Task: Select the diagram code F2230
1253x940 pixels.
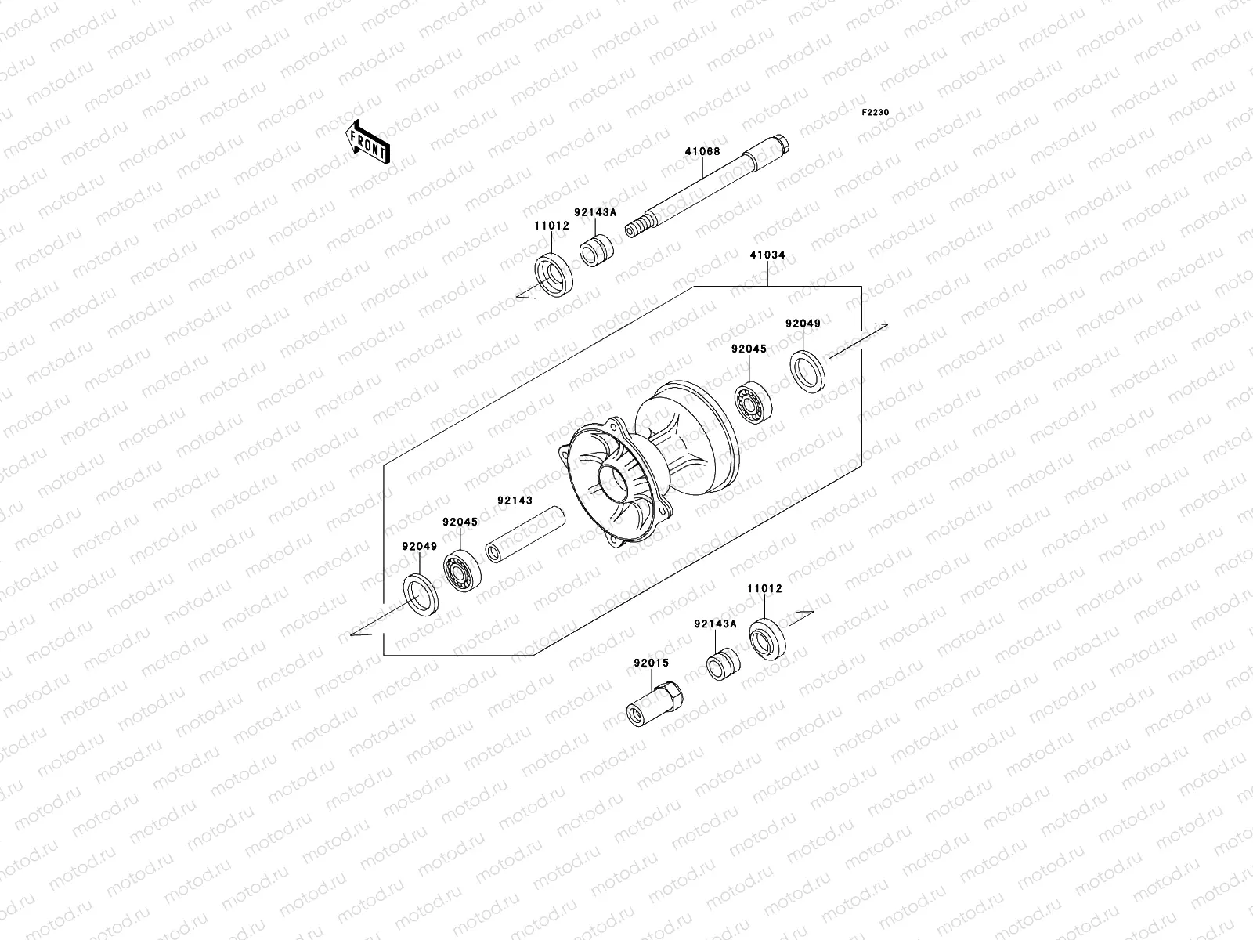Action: [876, 113]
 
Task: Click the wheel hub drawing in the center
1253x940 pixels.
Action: [650, 470]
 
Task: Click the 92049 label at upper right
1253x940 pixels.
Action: [803, 324]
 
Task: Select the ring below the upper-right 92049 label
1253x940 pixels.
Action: [807, 371]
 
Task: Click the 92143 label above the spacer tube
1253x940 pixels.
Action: [514, 500]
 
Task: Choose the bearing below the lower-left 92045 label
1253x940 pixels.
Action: [462, 569]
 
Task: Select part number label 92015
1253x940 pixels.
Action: [652, 663]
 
